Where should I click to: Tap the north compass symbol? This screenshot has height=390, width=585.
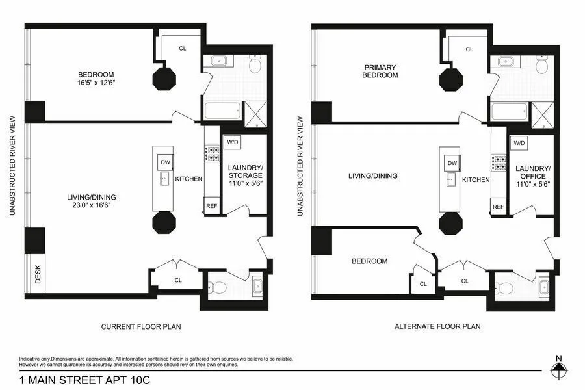(558, 370)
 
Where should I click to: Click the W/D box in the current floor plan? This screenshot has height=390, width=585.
(231, 142)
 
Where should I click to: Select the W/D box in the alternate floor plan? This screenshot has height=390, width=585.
(519, 142)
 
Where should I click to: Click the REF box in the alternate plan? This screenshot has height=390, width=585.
(498, 207)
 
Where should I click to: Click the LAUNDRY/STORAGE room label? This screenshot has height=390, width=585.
(245, 175)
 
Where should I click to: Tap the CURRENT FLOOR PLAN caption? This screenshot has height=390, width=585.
(141, 326)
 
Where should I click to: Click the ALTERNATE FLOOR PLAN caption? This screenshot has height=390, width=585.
(438, 326)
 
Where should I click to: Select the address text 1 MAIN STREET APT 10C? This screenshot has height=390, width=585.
(84, 380)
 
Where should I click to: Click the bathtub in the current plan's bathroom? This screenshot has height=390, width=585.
(222, 112)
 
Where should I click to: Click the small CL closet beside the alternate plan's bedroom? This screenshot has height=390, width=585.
(423, 284)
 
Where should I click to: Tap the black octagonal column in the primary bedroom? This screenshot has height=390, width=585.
(450, 79)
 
